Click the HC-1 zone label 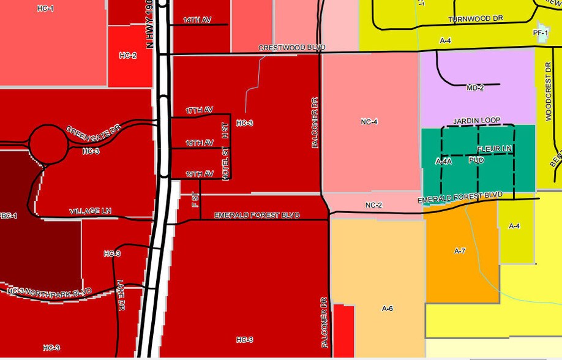[45, 9]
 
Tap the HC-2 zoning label [128, 56]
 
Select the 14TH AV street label [197, 20]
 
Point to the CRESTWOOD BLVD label [291, 48]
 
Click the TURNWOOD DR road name [475, 19]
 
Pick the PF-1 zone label [540, 32]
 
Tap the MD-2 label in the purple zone [475, 88]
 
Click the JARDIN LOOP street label [477, 121]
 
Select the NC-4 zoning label [369, 122]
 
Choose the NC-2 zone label [373, 205]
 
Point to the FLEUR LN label [494, 149]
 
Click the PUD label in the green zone [476, 160]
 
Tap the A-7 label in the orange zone [460, 251]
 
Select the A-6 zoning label [387, 309]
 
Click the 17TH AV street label [199, 110]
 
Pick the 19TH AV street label [199, 174]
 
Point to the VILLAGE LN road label [90, 211]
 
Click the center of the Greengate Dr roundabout [48, 144]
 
